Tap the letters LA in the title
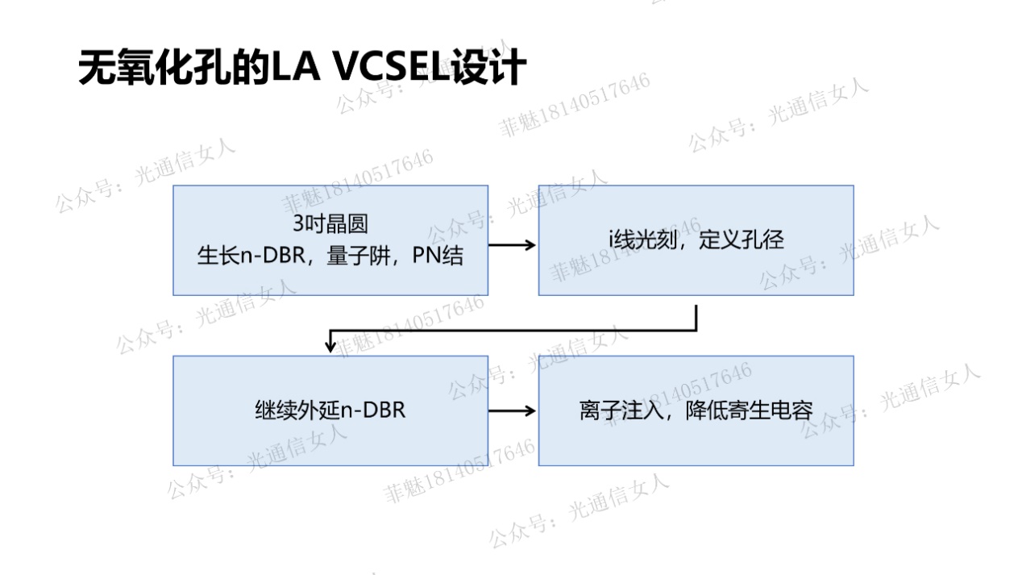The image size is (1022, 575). coord(295,67)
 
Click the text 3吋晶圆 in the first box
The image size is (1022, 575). coord(330,223)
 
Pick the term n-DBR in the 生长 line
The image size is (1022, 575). coord(272,256)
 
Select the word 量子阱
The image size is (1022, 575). coord(359,256)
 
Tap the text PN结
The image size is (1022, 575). coord(437,256)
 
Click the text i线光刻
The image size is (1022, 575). coord(643,240)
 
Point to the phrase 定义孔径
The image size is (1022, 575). coord(741,240)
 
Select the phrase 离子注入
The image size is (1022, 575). coord(621,410)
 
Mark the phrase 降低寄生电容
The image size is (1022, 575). coord(749,410)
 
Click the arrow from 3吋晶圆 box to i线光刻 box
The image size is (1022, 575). coord(512,245)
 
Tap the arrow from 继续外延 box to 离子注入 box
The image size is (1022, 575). coord(512,410)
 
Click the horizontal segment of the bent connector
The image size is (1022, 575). coord(513,330)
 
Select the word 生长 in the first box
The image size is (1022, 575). coord(218,256)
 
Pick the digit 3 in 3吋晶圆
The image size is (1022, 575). coord(298,223)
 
